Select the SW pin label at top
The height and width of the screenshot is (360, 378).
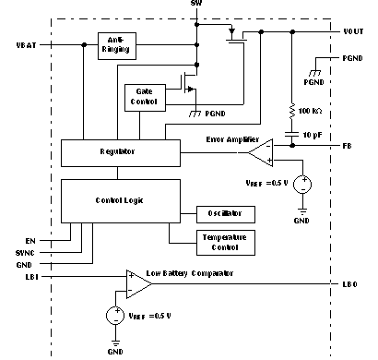tap(195, 5)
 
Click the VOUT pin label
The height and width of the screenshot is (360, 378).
tap(352, 31)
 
